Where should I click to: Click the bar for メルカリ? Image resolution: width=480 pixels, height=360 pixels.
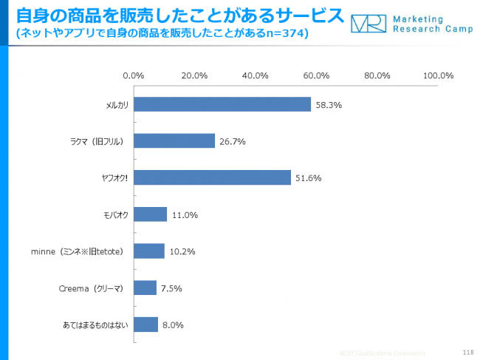(x=222, y=104)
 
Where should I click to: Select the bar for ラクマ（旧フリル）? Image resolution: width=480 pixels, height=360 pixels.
(x=174, y=140)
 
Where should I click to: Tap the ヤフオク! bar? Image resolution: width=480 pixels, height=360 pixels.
(x=211, y=177)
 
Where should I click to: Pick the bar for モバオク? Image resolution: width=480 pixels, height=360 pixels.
(x=150, y=214)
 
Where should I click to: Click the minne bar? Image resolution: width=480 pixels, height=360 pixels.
(x=148, y=251)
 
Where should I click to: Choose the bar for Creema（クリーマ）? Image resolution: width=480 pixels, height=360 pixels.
(x=145, y=288)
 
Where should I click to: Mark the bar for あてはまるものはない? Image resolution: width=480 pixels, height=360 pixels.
(x=145, y=324)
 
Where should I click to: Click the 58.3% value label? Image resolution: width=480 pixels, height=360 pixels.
(x=329, y=105)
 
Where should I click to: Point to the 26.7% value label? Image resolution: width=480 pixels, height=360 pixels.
(x=233, y=141)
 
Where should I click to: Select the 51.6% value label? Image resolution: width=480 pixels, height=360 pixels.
(x=309, y=178)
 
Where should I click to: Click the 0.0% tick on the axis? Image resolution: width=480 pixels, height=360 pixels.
(x=133, y=75)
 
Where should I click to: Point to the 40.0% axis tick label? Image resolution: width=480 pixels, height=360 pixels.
(x=256, y=75)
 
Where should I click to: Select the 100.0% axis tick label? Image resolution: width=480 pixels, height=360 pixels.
(x=438, y=75)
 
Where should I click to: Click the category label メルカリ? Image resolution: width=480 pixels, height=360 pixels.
(x=117, y=105)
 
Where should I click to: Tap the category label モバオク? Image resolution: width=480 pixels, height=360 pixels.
(x=116, y=215)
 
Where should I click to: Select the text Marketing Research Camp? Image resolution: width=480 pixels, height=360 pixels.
(x=429, y=24)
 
